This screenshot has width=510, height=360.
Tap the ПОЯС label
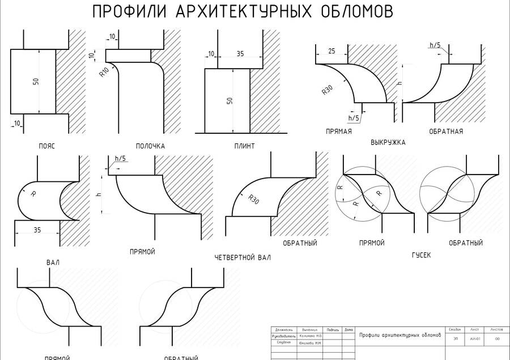click(46, 146)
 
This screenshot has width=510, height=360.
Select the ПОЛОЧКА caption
click(150, 146)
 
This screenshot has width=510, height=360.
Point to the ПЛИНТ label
click(244, 146)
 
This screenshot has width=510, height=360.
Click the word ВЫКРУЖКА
click(388, 142)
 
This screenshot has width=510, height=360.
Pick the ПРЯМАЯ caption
click(339, 132)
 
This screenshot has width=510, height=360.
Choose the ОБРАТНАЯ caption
click(445, 132)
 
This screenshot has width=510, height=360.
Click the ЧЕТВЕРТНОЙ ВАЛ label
click(243, 257)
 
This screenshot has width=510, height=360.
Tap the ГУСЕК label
click(421, 255)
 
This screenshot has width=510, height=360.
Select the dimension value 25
click(331, 52)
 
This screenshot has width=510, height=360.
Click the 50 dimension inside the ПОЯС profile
click(36, 81)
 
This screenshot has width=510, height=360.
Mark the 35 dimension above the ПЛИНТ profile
click(240, 54)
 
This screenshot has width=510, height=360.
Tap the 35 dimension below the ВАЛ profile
click(37, 230)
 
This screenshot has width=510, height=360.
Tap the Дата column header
click(348, 329)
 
